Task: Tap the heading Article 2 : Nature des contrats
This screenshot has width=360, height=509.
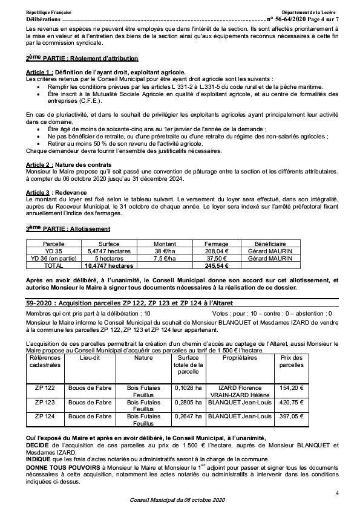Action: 68,165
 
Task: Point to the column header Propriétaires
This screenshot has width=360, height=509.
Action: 239,358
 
